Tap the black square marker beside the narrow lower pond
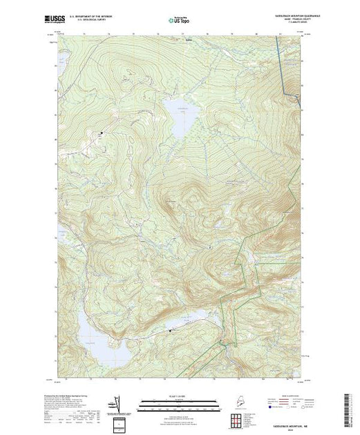[x=171, y=333]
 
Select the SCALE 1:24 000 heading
[x=180, y=394]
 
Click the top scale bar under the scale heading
[x=180, y=400]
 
